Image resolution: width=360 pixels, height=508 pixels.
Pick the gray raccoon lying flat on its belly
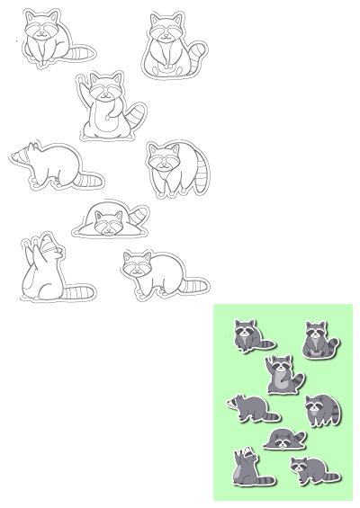tap(285, 440)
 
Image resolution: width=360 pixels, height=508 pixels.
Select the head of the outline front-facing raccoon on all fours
tap(139, 265)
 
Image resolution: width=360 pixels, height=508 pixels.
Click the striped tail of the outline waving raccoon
tap(138, 116)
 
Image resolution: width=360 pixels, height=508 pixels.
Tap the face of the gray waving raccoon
tap(282, 366)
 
